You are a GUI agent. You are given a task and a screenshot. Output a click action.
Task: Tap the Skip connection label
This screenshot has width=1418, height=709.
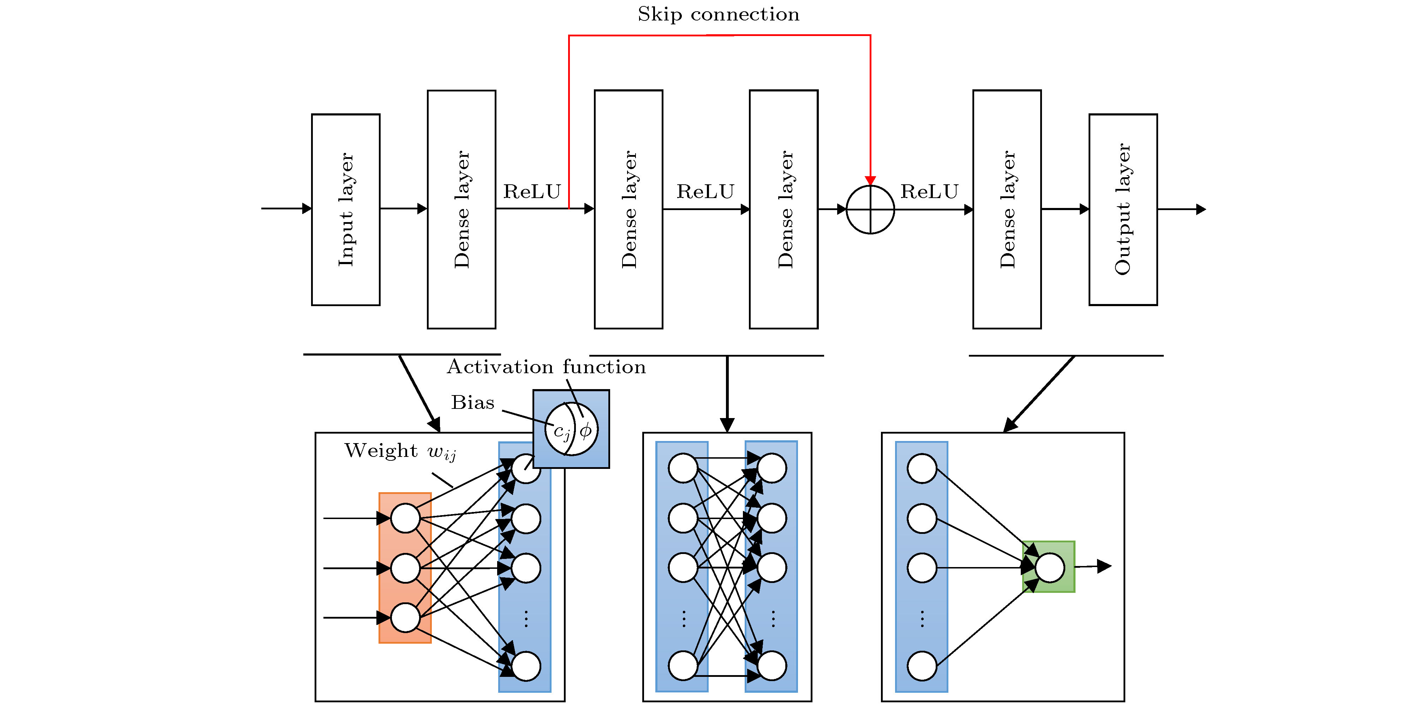[719, 14]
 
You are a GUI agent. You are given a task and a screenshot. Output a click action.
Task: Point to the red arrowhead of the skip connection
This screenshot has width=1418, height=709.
[870, 180]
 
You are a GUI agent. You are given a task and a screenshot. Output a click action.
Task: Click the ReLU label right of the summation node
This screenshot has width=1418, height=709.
[929, 192]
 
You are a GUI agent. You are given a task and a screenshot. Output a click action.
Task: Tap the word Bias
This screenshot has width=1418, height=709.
[472, 403]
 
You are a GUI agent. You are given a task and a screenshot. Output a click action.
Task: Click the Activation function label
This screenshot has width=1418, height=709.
[546, 367]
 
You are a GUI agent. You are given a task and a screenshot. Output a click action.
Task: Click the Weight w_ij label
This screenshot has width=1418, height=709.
[400, 451]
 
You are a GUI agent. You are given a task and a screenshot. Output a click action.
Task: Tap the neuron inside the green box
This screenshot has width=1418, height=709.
[1050, 567]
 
